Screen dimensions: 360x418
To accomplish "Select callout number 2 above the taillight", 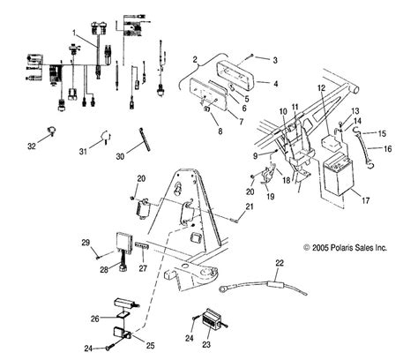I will pos(193,59).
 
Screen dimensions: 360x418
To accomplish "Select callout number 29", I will pos(86,242).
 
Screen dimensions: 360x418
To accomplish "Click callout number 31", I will pos(82,151).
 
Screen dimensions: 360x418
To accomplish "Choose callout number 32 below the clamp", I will pos(33,146).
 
